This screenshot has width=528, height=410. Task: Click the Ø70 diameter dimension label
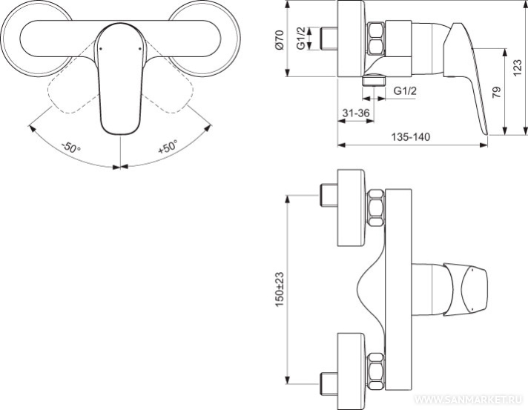coord(280,40)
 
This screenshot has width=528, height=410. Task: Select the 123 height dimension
coord(518,67)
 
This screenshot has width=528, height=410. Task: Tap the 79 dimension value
coord(496,92)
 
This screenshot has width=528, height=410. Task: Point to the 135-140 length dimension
coord(411,137)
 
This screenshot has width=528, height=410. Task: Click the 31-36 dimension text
coord(356,113)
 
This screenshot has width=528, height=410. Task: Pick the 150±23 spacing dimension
coord(280,289)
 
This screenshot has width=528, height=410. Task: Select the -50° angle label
coord(71,148)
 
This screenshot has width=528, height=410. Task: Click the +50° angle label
coord(168,147)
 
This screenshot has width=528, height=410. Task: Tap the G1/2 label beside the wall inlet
coord(302,38)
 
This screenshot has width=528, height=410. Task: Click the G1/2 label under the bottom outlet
coord(405,91)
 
